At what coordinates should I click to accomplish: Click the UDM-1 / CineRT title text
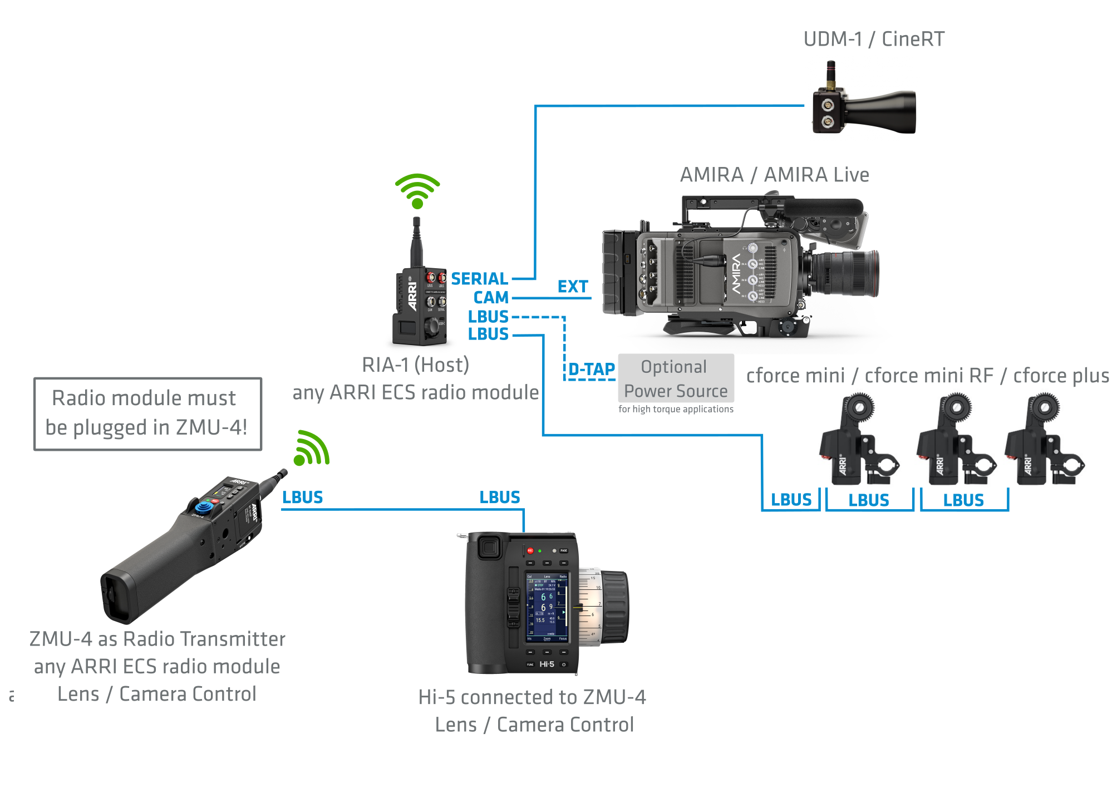click(873, 39)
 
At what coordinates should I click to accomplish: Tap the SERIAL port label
click(479, 278)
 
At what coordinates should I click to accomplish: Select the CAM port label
click(491, 297)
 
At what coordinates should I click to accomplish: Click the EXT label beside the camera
click(573, 287)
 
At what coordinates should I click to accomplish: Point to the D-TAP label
click(592, 369)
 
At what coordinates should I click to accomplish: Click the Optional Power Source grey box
click(676, 378)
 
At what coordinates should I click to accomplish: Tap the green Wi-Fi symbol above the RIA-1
click(417, 190)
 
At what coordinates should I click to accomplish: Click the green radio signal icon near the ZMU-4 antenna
click(312, 449)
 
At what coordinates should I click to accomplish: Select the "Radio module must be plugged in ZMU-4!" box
click(147, 414)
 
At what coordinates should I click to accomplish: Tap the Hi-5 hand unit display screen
click(547, 607)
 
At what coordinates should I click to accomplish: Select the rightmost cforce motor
click(1043, 440)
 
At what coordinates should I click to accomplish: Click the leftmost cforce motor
click(857, 440)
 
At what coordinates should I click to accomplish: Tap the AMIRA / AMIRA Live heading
click(774, 175)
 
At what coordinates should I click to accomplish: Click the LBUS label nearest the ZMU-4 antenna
click(302, 497)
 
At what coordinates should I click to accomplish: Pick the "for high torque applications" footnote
click(676, 409)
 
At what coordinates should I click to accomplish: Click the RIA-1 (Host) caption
click(415, 365)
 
